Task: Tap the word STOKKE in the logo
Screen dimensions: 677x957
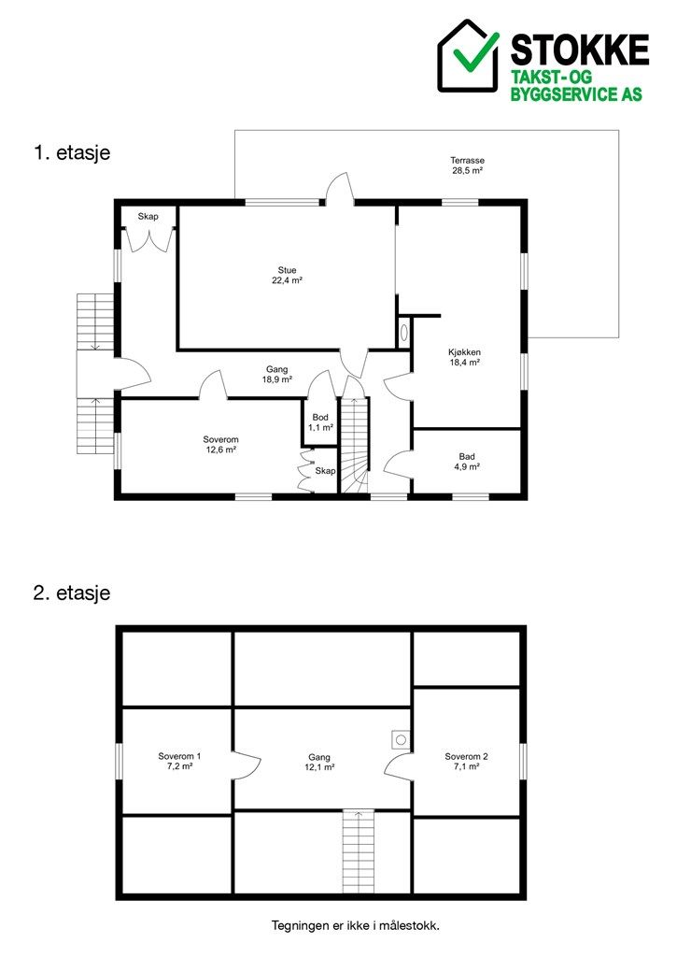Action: point(579,50)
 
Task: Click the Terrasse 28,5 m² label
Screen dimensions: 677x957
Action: point(467,165)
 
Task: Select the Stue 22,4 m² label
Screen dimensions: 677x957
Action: point(288,276)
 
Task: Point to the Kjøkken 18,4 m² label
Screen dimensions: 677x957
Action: point(465,357)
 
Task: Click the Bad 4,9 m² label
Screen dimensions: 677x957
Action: point(467,462)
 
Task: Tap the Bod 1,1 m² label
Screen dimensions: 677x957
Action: point(320,422)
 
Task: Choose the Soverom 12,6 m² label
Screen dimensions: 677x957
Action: point(220,444)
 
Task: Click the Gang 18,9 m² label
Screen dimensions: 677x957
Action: point(277,374)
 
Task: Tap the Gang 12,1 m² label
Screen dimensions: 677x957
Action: point(319,762)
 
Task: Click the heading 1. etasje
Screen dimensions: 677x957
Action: point(72,152)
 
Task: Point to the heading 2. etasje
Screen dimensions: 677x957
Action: point(72,593)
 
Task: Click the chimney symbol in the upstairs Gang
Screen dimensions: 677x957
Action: point(401,740)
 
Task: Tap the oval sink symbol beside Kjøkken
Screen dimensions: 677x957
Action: point(403,332)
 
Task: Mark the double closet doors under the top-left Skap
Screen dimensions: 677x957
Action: point(148,239)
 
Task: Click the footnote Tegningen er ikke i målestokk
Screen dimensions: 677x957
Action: point(356,925)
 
